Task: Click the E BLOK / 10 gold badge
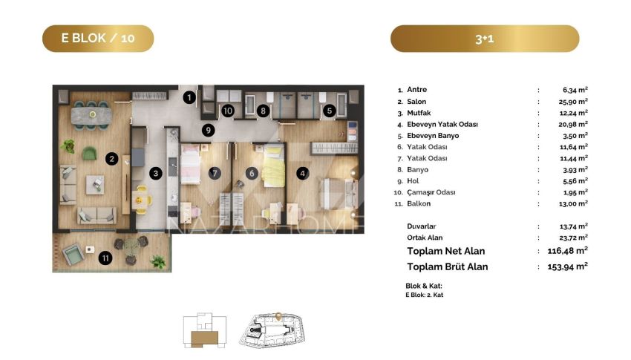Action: click(98, 39)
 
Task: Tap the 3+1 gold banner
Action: click(485, 39)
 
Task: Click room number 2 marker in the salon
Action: click(112, 159)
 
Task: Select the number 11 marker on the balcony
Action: click(105, 258)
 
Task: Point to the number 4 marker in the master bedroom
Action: click(303, 174)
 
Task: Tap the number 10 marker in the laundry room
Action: click(228, 111)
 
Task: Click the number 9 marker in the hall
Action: click(208, 130)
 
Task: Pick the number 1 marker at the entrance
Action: click(189, 97)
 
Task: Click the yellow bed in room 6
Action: click(273, 166)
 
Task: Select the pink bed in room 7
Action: click(190, 165)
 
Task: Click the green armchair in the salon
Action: click(89, 153)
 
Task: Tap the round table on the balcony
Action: click(131, 245)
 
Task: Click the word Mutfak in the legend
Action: click(419, 113)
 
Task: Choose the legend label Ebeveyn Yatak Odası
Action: click(442, 124)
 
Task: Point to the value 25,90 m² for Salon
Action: click(573, 102)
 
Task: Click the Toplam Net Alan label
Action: click(446, 252)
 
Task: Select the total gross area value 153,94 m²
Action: click(567, 266)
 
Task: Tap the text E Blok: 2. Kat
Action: click(424, 295)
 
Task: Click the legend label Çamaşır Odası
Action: click(431, 192)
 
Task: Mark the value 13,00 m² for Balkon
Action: click(573, 203)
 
